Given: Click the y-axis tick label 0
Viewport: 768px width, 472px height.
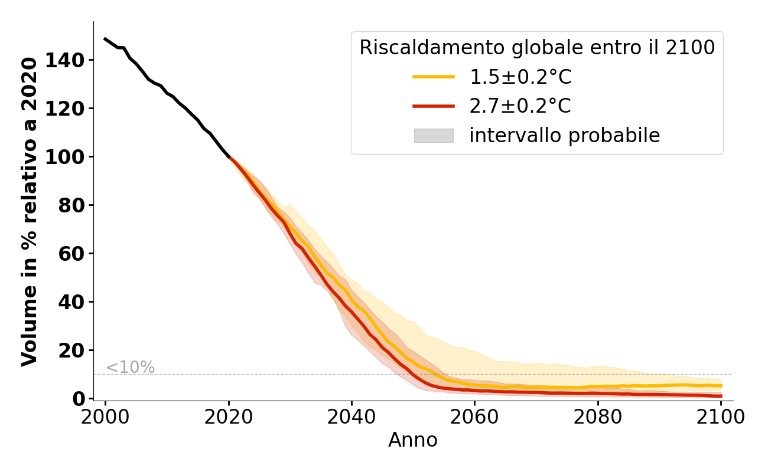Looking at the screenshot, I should pos(79,399).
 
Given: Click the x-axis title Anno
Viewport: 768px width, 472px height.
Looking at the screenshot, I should pos(413,440).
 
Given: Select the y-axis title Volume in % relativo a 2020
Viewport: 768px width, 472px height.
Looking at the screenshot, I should pos(30,211).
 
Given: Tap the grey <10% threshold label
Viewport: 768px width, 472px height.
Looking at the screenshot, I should pos(130,368).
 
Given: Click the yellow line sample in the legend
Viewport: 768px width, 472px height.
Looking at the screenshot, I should pos(433,77).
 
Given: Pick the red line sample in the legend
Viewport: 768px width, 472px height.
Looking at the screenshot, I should pos(433,106).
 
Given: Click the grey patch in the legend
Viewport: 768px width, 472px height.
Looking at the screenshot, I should pos(433,136).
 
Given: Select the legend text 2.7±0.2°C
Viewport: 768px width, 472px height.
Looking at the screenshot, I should pos(520,106).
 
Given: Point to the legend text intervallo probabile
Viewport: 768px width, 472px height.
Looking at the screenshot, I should pos(564,136).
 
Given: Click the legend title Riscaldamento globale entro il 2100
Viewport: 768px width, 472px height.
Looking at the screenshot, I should pos(537,48).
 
